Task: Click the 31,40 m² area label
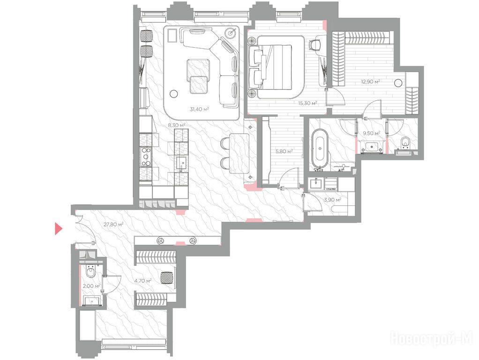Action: (x=199, y=109)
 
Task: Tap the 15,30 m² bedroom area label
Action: (x=307, y=103)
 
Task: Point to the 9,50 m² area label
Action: (x=371, y=133)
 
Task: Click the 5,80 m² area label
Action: (x=284, y=151)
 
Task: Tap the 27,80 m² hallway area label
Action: (x=113, y=225)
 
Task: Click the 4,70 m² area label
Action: (x=143, y=280)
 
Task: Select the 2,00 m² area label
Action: (x=92, y=286)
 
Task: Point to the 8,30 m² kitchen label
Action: (x=177, y=125)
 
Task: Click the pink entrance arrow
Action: (x=58, y=229)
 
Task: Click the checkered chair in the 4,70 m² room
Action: (x=167, y=278)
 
